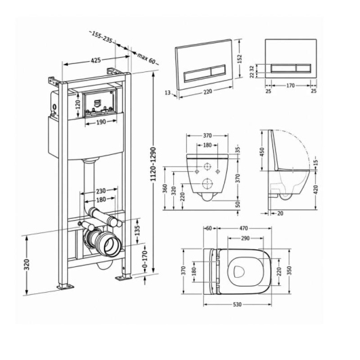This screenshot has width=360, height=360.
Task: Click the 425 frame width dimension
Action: pyautogui.click(x=96, y=60)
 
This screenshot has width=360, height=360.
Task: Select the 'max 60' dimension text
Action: pyautogui.click(x=146, y=59)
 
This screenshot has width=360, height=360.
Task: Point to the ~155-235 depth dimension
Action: pyautogui.click(x=102, y=37)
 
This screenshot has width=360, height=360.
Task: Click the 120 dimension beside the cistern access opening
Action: pyautogui.click(x=78, y=105)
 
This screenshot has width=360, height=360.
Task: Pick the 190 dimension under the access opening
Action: pyautogui.click(x=101, y=122)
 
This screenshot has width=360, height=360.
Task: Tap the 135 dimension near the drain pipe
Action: pyautogui.click(x=137, y=230)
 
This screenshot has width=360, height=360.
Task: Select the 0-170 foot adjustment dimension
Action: pyautogui.click(x=145, y=259)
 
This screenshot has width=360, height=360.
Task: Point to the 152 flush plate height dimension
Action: pyautogui.click(x=240, y=59)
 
